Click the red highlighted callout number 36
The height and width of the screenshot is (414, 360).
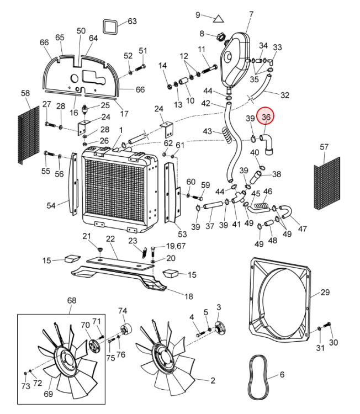pos(266,117)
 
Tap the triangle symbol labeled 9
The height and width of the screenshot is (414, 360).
pos(219,19)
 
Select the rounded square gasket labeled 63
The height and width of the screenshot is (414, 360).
pos(110,26)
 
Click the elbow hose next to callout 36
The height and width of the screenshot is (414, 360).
pos(267,144)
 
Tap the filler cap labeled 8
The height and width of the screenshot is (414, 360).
pos(220,36)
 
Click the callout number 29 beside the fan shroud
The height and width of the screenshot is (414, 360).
pos(325,292)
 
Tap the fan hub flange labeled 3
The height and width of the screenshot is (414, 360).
pos(219,328)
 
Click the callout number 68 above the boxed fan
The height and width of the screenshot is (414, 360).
pos(72,300)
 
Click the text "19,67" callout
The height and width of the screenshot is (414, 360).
pos(176,246)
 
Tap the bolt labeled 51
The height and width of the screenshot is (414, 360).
pos(141,67)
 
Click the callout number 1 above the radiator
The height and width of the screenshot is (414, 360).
pos(121,130)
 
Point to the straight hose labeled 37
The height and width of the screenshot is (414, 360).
pos(214,205)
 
